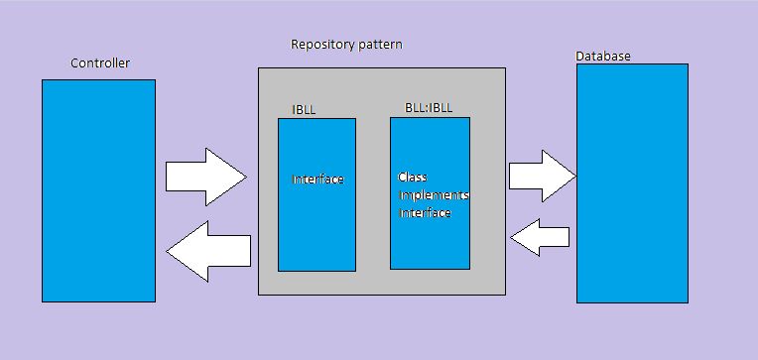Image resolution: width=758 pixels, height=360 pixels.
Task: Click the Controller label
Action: [99, 63]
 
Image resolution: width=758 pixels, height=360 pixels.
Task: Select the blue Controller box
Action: [98, 189]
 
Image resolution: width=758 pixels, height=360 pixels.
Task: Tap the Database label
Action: [602, 57]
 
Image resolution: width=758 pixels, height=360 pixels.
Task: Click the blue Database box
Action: [632, 183]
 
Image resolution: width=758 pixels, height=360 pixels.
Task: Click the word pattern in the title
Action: [380, 45]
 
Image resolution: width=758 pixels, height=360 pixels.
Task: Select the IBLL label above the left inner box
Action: [304, 109]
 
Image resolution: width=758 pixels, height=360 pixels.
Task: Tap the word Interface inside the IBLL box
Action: [317, 180]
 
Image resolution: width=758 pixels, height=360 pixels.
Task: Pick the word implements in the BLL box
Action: [433, 195]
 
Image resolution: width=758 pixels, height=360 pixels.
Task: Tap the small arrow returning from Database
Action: [540, 236]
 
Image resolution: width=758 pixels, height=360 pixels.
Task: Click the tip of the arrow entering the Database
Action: [572, 176]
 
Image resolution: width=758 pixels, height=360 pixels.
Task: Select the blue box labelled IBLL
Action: [316, 194]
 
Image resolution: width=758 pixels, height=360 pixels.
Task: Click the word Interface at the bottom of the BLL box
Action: [425, 212]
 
